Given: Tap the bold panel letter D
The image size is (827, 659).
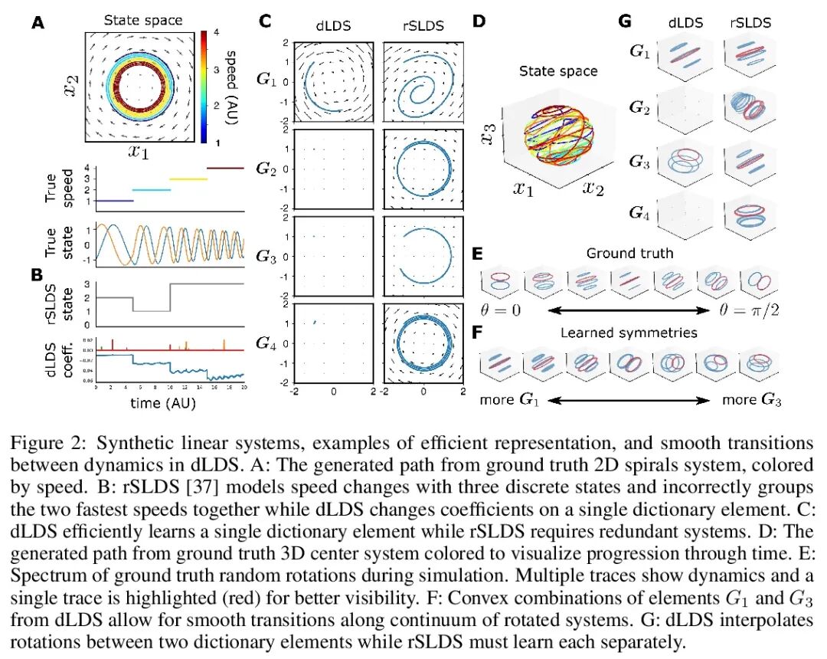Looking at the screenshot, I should pos(479,21).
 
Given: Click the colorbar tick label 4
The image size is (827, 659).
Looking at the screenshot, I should pos(217,32).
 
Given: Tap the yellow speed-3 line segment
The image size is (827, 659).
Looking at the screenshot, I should pos(188,179).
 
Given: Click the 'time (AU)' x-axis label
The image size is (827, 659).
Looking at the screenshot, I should pos(168,400).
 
